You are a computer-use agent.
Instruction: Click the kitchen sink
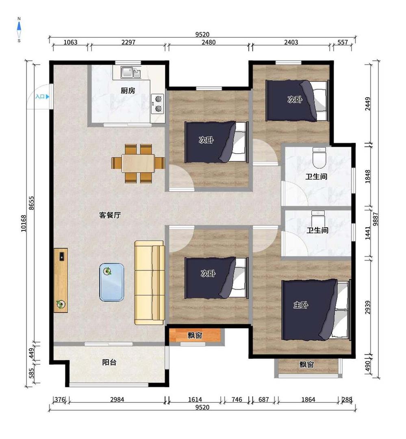pos(131,72)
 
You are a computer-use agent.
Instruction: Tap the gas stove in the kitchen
pos(157,104)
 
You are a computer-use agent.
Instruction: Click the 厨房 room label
pos(128,91)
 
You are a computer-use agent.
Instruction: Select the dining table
pos(138,163)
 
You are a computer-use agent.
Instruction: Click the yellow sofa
pos(149,283)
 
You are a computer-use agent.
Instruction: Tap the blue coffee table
pos(112,282)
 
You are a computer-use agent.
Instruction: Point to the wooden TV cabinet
pos(61,280)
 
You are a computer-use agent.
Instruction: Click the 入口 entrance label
pos(40,97)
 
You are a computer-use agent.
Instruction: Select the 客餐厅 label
pos(110,215)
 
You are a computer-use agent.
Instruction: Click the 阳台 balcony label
pos(109,362)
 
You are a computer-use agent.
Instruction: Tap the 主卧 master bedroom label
pos(301,305)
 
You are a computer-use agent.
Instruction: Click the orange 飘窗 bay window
pos(195,335)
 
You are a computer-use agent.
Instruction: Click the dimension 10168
pos(24,223)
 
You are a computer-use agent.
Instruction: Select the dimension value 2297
pos(128,42)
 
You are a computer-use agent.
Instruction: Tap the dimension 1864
pos(308,400)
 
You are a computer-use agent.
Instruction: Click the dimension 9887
pos(376,219)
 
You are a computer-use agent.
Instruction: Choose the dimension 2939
pos(368,307)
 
